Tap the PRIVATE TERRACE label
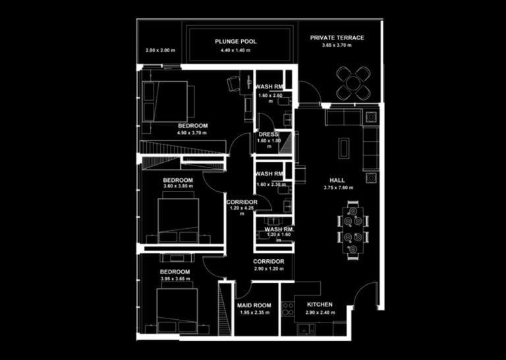point(337,38)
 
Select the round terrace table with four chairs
point(354,82)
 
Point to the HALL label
point(337,180)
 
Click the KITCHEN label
point(320,305)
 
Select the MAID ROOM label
point(254,305)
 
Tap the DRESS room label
point(268,135)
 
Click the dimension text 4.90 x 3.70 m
point(192,133)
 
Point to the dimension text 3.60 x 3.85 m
point(178,187)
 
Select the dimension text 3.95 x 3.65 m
point(175,279)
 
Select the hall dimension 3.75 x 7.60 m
point(339,188)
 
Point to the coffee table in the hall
point(343,147)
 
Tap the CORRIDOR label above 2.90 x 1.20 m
point(268,261)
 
